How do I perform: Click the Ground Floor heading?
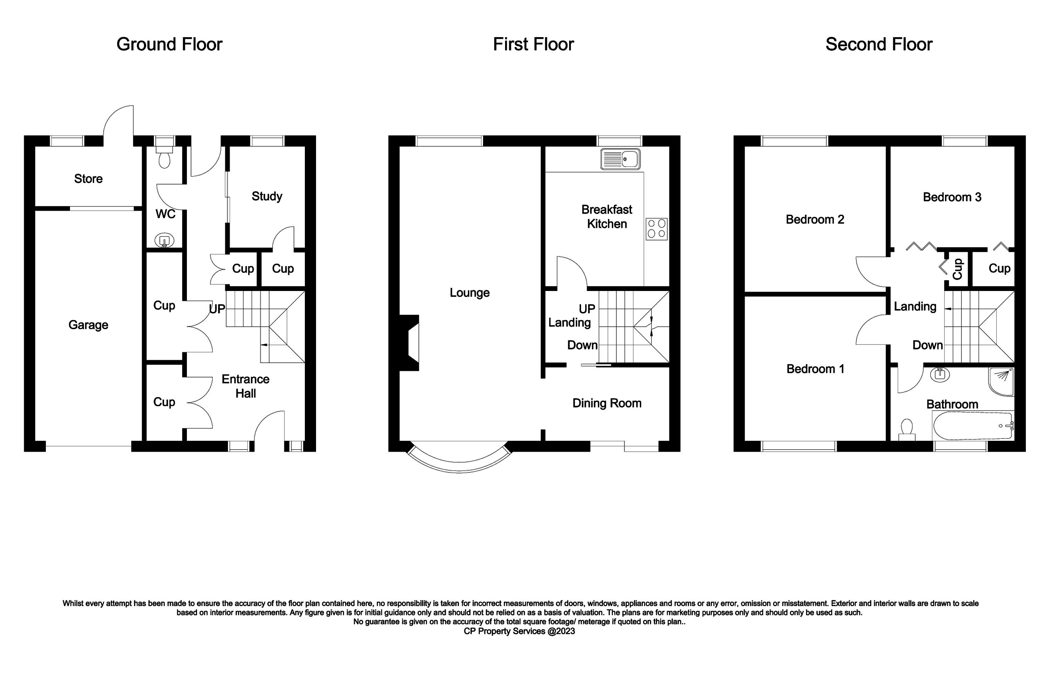pyautogui.click(x=169, y=44)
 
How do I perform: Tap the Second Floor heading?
pyautogui.click(x=879, y=44)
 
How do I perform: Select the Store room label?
pyautogui.click(x=88, y=178)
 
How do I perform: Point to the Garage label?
pyautogui.click(x=88, y=325)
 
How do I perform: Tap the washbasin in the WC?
pyautogui.click(x=164, y=240)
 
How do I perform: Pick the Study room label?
pyautogui.click(x=267, y=196)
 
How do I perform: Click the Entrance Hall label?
pyautogui.click(x=245, y=386)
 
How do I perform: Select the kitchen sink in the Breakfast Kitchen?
pyautogui.click(x=620, y=159)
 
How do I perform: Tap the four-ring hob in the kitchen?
pyautogui.click(x=657, y=229)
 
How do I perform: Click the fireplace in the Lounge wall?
pyautogui.click(x=410, y=343)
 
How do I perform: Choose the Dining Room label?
pyautogui.click(x=607, y=403)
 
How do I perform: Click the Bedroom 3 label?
pyautogui.click(x=952, y=197)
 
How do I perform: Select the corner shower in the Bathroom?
pyautogui.click(x=1001, y=382)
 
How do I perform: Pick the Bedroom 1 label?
pyautogui.click(x=815, y=369)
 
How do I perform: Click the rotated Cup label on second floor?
pyautogui.click(x=957, y=269)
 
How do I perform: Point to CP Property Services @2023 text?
pyautogui.click(x=519, y=631)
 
